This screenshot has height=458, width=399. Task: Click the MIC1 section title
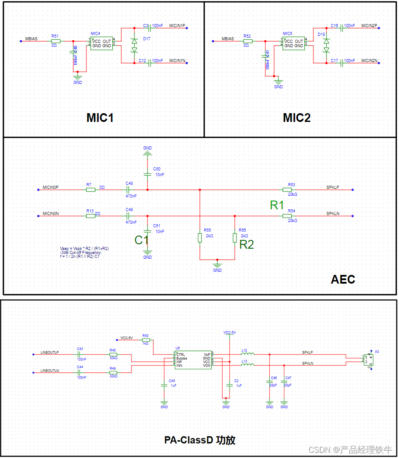100,118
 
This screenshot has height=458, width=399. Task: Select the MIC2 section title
297,118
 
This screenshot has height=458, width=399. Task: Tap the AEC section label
343,280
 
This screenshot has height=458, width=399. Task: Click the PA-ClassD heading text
200,440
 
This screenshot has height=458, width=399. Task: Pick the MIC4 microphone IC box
102,43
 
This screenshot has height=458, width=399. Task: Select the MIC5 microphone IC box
293,43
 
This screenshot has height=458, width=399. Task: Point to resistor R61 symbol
55,41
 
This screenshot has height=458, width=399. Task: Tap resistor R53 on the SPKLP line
287,190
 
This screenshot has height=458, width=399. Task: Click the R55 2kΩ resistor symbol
200,237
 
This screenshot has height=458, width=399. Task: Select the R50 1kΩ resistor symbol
146,340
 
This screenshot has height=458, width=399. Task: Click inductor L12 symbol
248,354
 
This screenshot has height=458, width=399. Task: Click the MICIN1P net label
177,25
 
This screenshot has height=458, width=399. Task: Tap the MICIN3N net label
51,213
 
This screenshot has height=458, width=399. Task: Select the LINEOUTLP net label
49,352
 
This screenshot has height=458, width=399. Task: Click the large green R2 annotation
247,245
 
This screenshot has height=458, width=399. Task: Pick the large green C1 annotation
142,240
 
